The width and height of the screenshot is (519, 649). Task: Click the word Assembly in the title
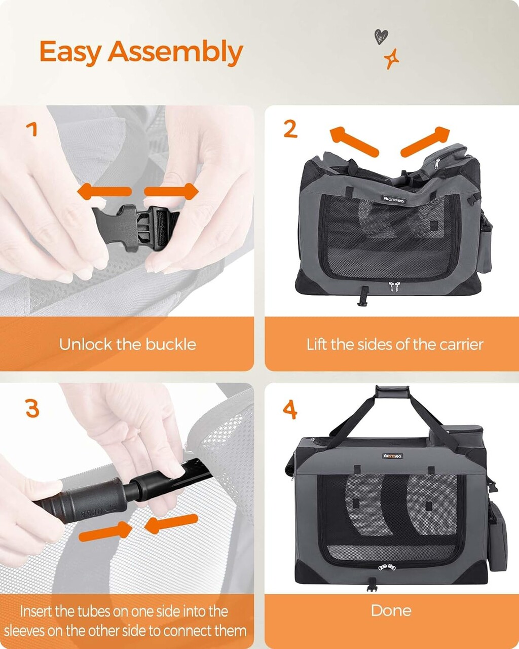click(x=175, y=53)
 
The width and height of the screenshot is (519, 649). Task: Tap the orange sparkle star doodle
click(x=391, y=59)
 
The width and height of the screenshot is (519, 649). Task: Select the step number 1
click(x=32, y=129)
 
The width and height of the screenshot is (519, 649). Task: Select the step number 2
click(x=290, y=129)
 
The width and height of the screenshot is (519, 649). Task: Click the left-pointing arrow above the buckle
click(x=104, y=192)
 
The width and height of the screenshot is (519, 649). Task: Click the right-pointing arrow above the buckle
click(x=171, y=192)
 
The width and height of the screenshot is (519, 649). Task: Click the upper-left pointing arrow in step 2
click(x=354, y=141)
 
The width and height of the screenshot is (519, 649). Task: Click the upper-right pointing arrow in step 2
click(x=426, y=141)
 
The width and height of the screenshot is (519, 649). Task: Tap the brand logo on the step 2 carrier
click(x=395, y=200)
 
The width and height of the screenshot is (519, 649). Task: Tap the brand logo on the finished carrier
click(x=393, y=456)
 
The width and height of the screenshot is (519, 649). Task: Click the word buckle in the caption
click(x=171, y=344)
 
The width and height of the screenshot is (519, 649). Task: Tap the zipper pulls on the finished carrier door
click(x=387, y=567)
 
